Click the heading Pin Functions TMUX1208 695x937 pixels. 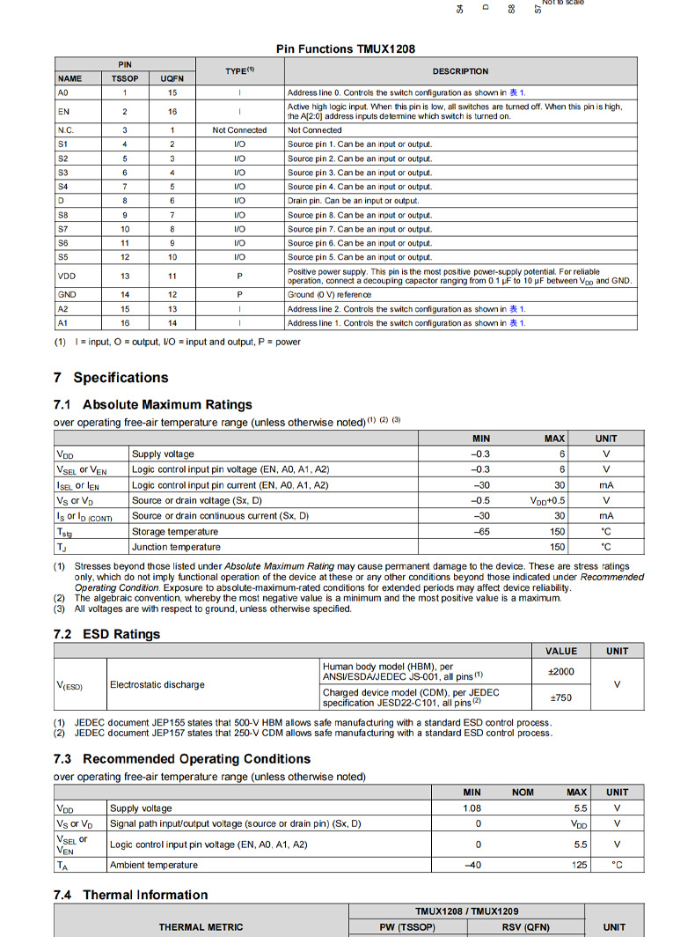(x=345, y=49)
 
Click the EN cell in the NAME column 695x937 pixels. (x=63, y=111)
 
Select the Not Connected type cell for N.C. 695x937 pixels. (x=239, y=130)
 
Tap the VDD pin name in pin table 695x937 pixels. (x=66, y=277)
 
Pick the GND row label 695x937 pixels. (x=67, y=295)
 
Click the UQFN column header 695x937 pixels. (x=172, y=78)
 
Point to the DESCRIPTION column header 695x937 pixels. (x=460, y=71)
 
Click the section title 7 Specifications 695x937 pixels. (x=111, y=378)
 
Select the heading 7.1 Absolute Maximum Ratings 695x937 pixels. (x=153, y=405)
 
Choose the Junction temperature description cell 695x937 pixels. (x=176, y=547)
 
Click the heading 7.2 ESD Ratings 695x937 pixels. (x=107, y=634)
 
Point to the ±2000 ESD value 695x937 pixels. (x=560, y=671)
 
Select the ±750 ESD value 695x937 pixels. (x=560, y=697)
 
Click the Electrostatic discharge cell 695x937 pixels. (x=157, y=684)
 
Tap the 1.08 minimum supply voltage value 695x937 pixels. (x=472, y=808)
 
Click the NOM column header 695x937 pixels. (x=523, y=793)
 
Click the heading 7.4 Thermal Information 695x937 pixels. (x=131, y=895)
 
